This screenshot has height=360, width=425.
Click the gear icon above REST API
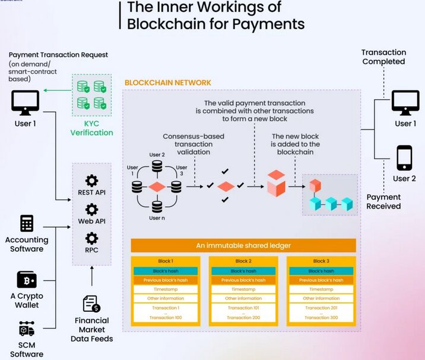coord(91,181)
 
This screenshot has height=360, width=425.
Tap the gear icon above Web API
coord(91,210)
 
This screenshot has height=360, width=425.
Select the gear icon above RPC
coord(91,238)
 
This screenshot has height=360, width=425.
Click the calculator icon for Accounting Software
coord(26,223)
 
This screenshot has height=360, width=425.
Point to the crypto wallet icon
coord(26,280)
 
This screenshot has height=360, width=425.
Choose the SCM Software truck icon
coord(26,329)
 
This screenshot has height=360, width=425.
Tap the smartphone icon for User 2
coord(404,158)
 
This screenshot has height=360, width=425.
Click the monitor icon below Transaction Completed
coord(405,103)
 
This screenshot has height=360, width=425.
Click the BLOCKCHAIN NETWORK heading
coord(167,83)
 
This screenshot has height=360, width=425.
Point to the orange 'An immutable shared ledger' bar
coord(243,245)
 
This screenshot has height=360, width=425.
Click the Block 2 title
coord(243,261)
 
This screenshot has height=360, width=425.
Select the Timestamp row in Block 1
coord(166,289)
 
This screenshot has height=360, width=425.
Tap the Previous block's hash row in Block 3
coord(321,280)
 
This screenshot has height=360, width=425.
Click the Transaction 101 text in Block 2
coord(243,308)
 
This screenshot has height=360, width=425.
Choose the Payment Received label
coord(383,201)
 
